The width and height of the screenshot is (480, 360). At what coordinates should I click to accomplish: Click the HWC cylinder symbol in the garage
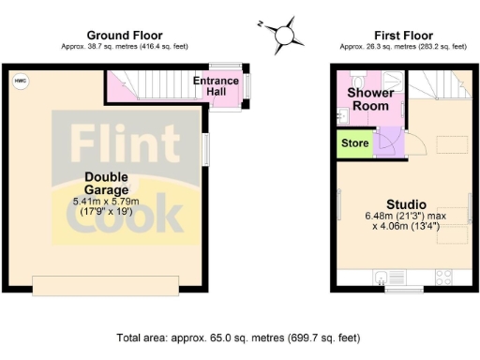coord(20,82)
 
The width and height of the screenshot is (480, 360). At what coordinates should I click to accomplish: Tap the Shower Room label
coord(369,99)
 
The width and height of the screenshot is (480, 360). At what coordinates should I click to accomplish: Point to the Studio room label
coord(406,203)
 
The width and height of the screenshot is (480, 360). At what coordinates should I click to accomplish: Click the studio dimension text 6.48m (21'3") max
coord(406,217)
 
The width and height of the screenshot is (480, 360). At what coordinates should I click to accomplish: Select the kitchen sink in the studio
coord(383,277)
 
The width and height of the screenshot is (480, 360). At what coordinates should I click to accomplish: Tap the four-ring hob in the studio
coord(443,277)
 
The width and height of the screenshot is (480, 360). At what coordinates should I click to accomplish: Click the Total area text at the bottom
coord(237,337)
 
